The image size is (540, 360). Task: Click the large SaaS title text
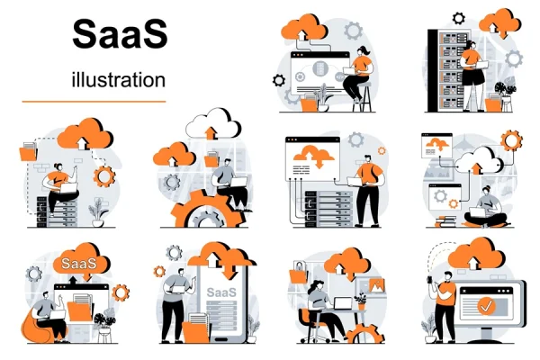[120, 34]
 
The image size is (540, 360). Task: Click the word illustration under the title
[119, 79]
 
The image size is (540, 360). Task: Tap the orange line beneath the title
[94, 102]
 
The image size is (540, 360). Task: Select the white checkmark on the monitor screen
[486, 306]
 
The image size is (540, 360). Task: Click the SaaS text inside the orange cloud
[78, 264]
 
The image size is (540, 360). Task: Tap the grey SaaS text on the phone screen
[221, 292]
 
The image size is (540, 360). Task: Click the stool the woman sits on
[365, 97]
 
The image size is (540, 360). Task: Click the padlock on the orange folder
[299, 266]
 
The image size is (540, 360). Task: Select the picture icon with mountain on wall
[376, 285]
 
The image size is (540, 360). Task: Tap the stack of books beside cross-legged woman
[446, 221]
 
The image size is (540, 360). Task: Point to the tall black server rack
[447, 70]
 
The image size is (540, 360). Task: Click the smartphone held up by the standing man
[430, 280]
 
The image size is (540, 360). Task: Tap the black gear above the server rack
[458, 18]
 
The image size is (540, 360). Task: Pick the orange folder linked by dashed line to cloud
[28, 151]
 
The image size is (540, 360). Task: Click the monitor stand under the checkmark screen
[486, 335]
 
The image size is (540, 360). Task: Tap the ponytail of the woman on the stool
[367, 51]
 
